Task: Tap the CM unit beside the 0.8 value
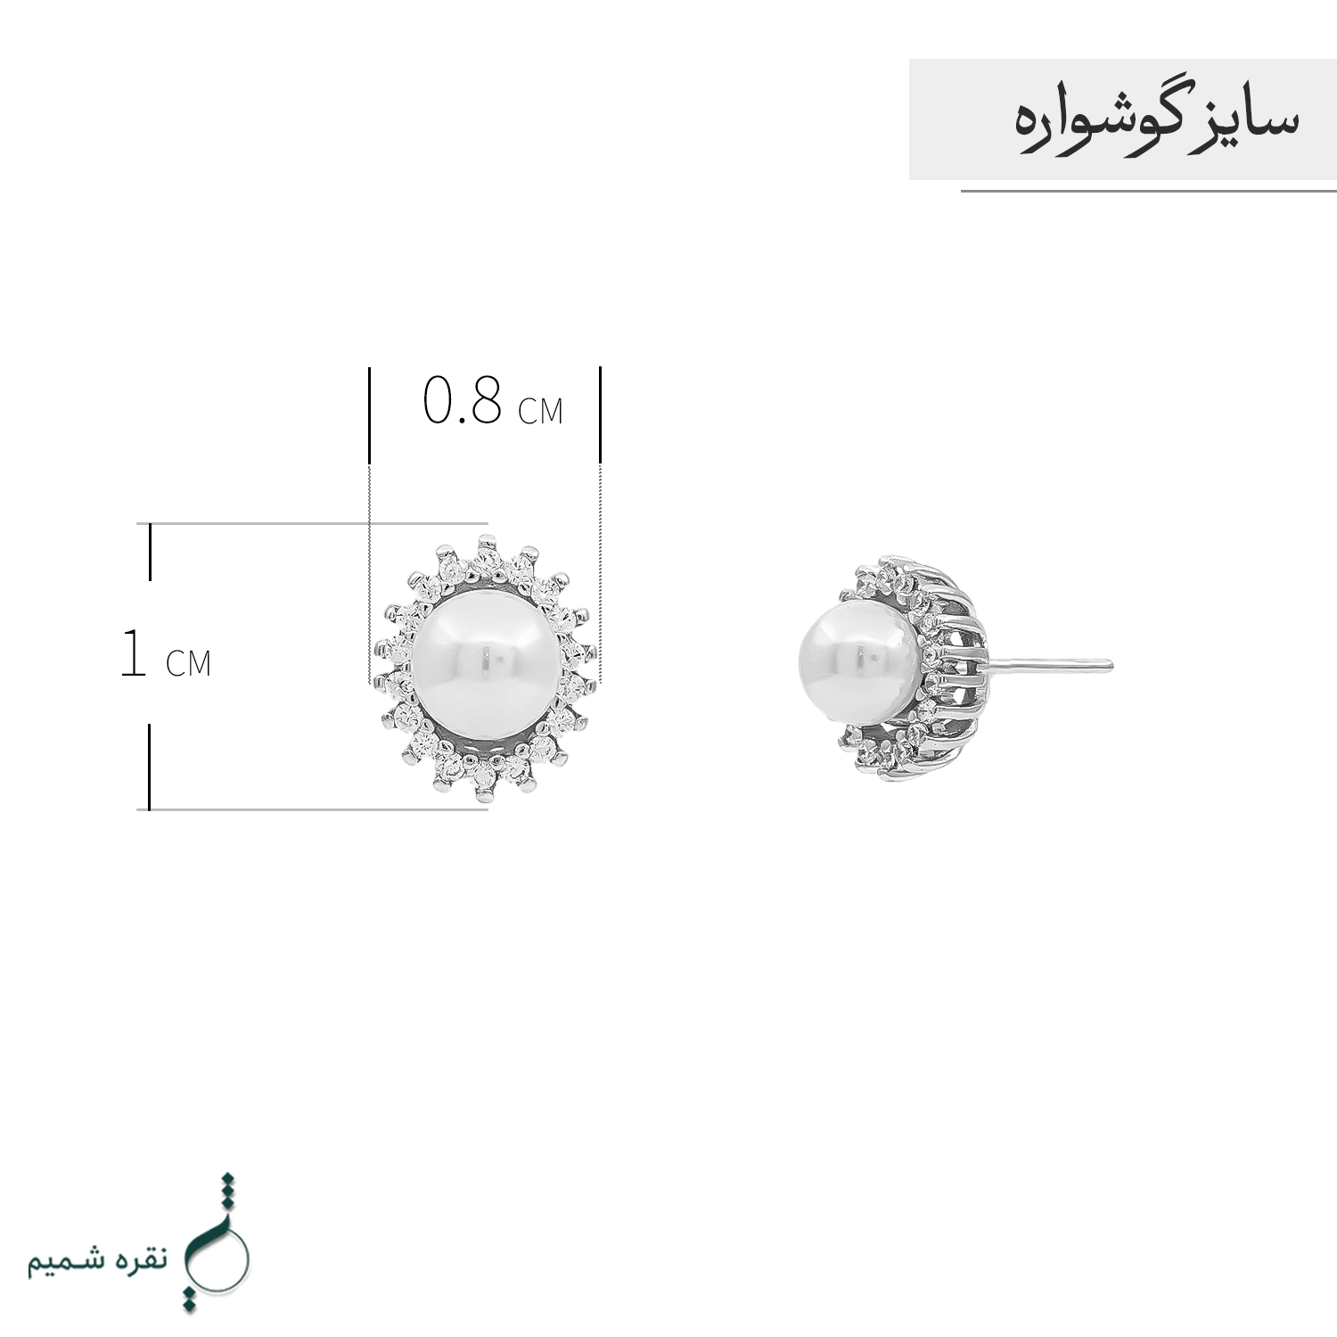pyautogui.click(x=541, y=410)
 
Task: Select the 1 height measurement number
pyautogui.click(x=133, y=652)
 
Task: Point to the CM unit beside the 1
pyautogui.click(x=188, y=663)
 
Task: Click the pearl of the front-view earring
pyautogui.click(x=486, y=664)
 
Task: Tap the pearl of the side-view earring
pyautogui.click(x=858, y=666)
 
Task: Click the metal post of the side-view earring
pyautogui.click(x=1050, y=664)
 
